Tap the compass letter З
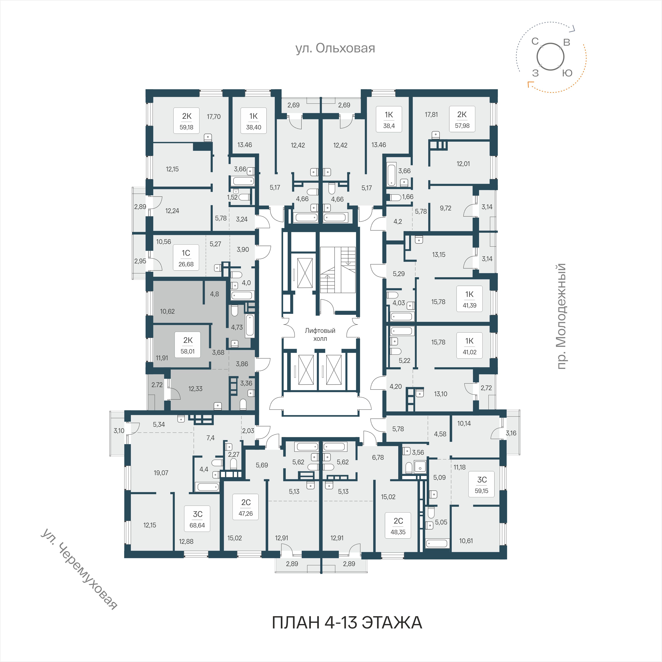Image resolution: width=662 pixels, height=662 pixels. click(535, 73)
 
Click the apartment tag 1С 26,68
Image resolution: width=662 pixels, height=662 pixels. click(186, 258)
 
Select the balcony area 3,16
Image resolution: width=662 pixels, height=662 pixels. click(511, 433)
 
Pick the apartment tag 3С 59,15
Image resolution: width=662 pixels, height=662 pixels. click(482, 484)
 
